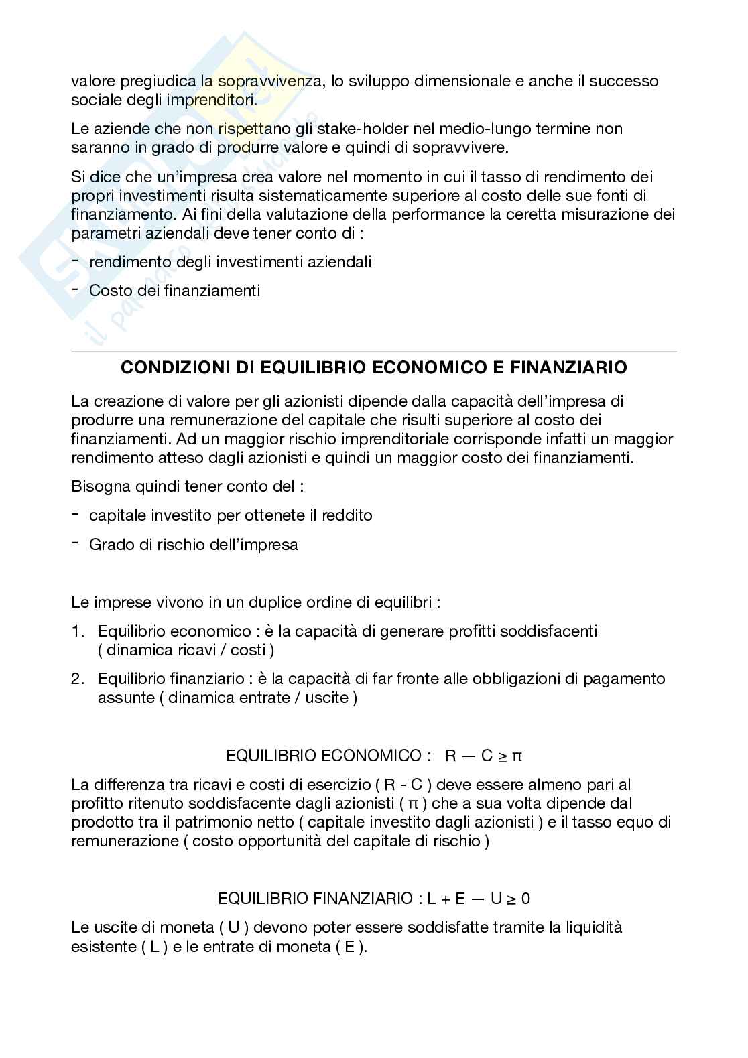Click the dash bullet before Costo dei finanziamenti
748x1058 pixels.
click(x=74, y=289)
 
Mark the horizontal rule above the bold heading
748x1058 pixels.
click(x=374, y=352)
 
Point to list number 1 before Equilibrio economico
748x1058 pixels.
click(x=78, y=631)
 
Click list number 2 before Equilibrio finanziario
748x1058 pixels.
click(x=78, y=679)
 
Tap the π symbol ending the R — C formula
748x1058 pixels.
click(x=517, y=756)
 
